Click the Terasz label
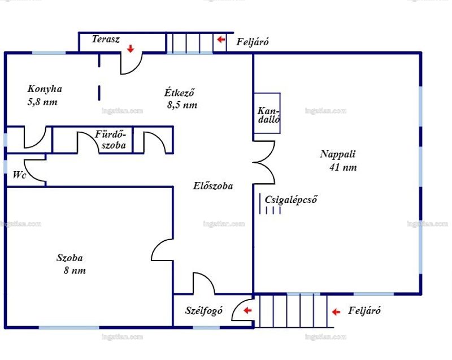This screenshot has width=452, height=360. point(106,39)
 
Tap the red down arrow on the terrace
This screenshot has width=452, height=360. point(131,49)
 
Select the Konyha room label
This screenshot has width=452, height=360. point(45,89)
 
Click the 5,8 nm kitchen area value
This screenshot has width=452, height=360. point(42,102)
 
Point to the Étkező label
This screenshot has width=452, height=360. point(179,92)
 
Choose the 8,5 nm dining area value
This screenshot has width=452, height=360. point(182,105)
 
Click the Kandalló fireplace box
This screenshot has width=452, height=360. point(267,113)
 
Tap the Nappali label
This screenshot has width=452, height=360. point(337,154)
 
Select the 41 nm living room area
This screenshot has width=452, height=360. point(343,167)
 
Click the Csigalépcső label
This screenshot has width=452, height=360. point(291,199)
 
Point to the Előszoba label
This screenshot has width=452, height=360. point(213,186)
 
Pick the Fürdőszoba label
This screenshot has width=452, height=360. point(111,140)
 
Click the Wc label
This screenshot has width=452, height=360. point(20,175)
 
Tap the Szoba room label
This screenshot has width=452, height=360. point(69,258)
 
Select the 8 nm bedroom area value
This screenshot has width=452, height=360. point(75,270)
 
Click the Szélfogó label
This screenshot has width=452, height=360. point(204,311)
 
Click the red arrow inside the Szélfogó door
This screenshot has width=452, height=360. point(247,310)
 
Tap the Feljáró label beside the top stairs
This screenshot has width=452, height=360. point(253,42)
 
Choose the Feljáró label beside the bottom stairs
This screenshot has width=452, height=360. point(364,311)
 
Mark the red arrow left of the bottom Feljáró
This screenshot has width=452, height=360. point(336,312)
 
